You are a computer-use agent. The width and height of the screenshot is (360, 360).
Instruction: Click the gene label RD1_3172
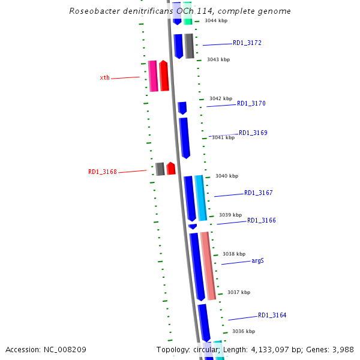(247, 43)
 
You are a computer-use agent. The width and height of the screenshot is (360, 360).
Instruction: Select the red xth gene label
(104, 78)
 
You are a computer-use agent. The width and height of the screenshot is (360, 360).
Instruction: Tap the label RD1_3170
(251, 104)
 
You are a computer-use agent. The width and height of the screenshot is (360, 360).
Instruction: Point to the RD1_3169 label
(253, 133)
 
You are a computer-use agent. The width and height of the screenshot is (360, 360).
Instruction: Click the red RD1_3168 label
(103, 172)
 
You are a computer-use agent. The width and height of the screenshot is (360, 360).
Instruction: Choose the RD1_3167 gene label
(258, 193)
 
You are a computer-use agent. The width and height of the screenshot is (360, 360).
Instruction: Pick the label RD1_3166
(262, 221)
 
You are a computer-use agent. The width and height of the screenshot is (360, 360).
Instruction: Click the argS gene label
(258, 261)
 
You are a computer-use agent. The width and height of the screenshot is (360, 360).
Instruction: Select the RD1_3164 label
(272, 316)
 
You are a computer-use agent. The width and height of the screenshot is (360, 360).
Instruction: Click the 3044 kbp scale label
(216, 21)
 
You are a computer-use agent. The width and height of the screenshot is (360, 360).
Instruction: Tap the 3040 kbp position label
(227, 176)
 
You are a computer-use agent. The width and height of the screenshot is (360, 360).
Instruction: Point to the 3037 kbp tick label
(239, 293)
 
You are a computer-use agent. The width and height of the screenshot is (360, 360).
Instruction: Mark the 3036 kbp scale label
(244, 331)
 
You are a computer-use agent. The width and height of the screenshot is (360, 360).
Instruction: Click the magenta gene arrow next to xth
(153, 76)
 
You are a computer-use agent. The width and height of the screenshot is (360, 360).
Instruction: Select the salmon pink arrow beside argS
(208, 265)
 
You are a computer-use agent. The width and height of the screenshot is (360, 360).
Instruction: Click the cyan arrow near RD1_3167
(200, 197)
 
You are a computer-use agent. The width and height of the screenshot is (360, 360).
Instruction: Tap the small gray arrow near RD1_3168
(160, 169)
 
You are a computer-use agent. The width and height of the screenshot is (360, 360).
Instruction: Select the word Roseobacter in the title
(94, 11)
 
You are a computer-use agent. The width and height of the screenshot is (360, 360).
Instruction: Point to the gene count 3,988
(342, 349)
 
